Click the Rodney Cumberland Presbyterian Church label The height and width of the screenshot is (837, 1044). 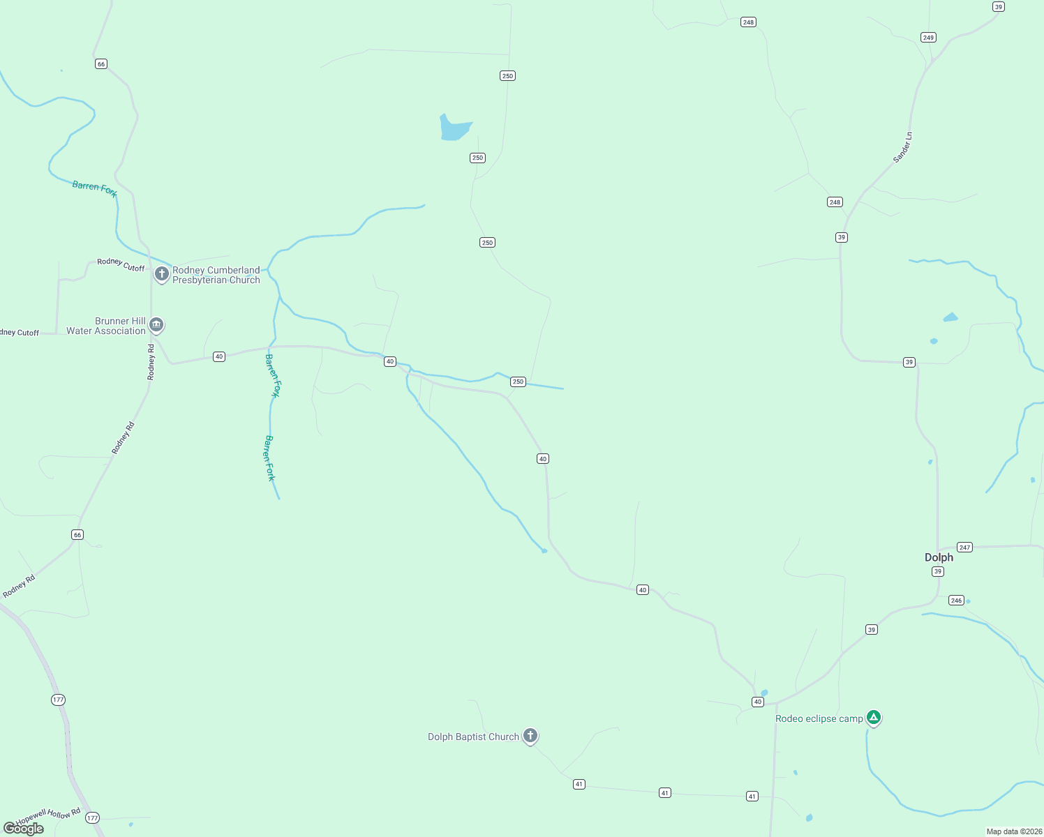(x=216, y=275)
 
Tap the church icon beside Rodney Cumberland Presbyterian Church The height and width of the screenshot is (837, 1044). (x=162, y=274)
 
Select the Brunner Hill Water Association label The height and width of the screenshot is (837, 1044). (x=106, y=326)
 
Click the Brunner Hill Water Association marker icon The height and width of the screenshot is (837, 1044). (x=156, y=324)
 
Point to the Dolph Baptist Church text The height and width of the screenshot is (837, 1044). (x=473, y=737)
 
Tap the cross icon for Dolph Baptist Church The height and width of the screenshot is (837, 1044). (x=530, y=735)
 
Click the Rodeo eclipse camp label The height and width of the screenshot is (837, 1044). (x=819, y=718)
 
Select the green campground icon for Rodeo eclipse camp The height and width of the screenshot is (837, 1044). (x=873, y=717)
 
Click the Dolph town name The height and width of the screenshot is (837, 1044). (x=939, y=557)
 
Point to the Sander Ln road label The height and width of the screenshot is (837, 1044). (x=902, y=147)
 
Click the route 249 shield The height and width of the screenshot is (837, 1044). (x=928, y=38)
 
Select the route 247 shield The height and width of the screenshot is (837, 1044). (x=964, y=548)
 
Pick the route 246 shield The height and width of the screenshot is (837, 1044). (x=956, y=601)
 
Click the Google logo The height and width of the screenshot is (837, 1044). (x=24, y=828)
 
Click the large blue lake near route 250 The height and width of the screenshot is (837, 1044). (x=454, y=128)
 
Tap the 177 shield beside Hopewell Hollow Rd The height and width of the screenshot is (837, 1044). (x=93, y=817)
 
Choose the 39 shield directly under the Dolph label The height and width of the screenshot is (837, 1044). (x=938, y=571)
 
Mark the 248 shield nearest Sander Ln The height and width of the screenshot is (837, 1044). (x=835, y=202)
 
